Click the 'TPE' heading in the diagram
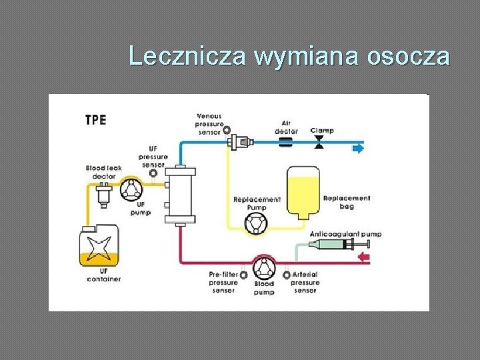(x=96, y=121)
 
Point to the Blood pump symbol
(x=265, y=269)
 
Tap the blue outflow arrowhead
(x=359, y=148)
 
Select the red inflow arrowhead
(x=364, y=258)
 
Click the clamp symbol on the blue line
(x=319, y=141)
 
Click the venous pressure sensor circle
(x=226, y=130)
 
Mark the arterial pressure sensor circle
(x=287, y=274)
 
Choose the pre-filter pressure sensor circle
(x=243, y=275)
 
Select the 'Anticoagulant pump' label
(x=345, y=234)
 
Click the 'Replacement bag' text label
(x=346, y=202)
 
